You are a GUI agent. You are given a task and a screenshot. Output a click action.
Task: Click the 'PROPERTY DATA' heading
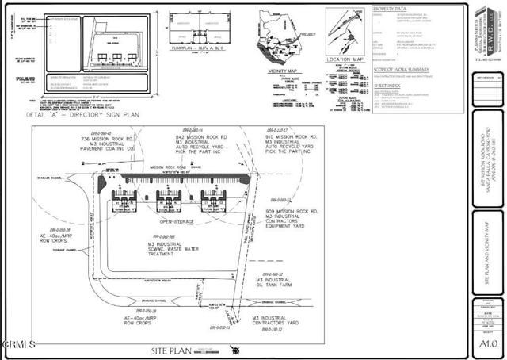click(x=391, y=7)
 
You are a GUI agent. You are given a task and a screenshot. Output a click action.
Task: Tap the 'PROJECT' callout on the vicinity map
click(x=308, y=34)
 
